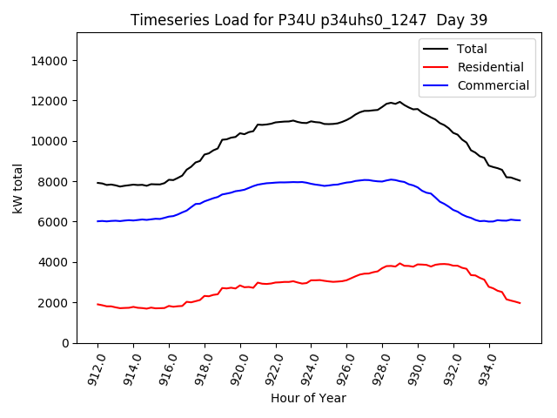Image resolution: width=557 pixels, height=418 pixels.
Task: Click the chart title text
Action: (309, 20)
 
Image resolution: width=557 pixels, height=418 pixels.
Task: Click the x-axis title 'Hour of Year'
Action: (308, 398)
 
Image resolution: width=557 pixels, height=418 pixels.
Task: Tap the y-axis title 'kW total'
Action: (18, 188)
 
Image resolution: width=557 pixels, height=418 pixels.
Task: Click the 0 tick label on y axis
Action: (65, 343)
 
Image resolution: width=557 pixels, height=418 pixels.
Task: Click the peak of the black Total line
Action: (399, 102)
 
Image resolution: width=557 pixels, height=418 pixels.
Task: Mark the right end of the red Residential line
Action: (520, 303)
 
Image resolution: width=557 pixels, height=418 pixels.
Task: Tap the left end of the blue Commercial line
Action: (97, 221)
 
